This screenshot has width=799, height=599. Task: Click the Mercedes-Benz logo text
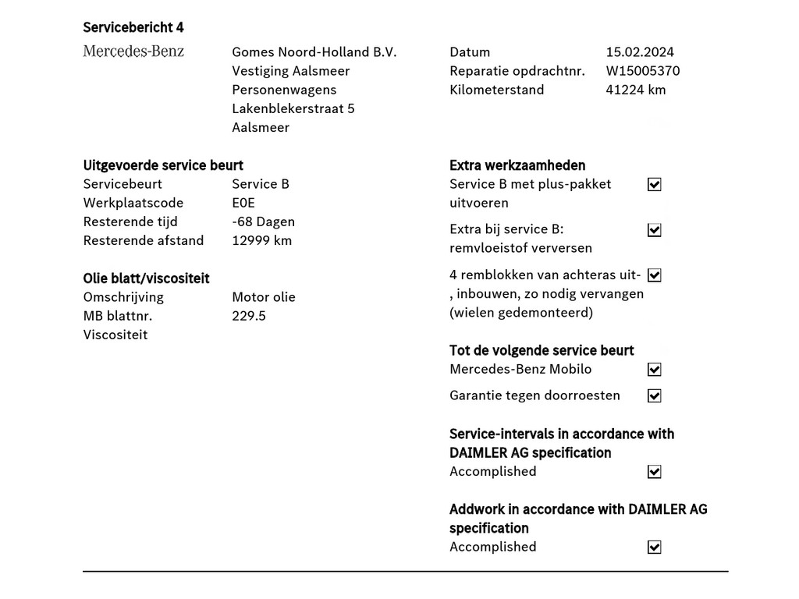pos(133,51)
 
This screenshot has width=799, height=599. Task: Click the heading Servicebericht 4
pos(133,27)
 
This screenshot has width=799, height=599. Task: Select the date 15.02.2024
pos(640,52)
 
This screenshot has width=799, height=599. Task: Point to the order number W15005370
pos(642,71)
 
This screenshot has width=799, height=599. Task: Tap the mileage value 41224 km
pos(635,90)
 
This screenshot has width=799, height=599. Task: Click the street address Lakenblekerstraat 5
pos(293,108)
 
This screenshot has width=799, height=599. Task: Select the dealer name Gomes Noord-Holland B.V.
pos(314,52)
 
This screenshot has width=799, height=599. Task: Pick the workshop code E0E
pos(243,203)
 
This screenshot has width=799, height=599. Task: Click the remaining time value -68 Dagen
pos(263,222)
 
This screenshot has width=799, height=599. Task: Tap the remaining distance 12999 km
pos(261,240)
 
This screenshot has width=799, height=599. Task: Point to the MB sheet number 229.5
pos(249,316)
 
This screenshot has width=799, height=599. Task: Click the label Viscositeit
pos(115,335)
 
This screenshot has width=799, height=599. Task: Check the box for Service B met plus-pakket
pos(655,185)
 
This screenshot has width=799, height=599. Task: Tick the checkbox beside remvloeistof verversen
pos(655,230)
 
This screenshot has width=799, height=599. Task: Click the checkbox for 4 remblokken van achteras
pos(655,275)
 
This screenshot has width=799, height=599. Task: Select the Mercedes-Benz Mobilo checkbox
pos(655,370)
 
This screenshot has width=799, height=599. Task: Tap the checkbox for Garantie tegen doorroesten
pos(655,396)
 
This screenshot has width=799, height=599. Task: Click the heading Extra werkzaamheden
pos(517,165)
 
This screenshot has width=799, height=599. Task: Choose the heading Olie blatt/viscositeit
pos(146,278)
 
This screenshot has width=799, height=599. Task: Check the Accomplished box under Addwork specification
pos(655,548)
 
